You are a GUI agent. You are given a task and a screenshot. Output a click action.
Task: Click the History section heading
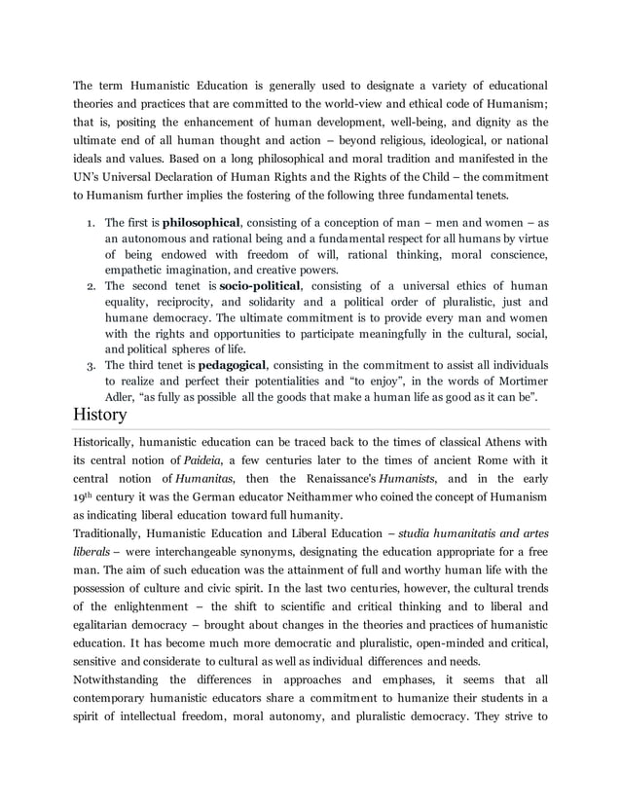[x=100, y=415]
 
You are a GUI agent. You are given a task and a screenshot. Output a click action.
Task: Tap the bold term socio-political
[x=261, y=285]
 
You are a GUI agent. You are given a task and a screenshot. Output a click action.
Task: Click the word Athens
[x=497, y=441]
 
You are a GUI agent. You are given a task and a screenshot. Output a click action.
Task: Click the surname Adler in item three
[x=120, y=396]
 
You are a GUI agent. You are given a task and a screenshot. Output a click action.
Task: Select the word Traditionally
[x=112, y=533]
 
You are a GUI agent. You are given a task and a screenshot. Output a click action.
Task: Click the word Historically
[x=109, y=441]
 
